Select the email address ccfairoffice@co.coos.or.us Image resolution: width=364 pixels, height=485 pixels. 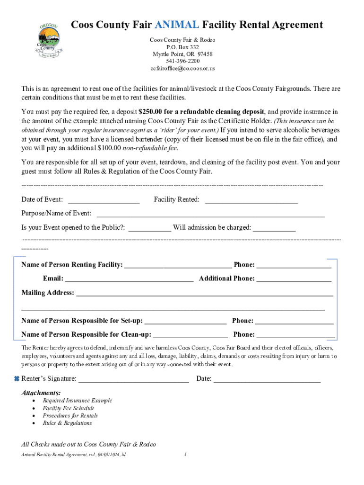point(182,68)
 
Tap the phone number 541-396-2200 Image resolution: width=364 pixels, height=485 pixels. point(182,61)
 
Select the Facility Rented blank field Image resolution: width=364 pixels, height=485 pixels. point(251,199)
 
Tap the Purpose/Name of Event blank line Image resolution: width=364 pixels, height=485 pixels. point(210,214)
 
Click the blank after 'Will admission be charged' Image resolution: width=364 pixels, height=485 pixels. point(274,227)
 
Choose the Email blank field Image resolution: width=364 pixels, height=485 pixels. point(129,278)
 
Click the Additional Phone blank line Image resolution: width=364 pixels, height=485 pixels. point(294,278)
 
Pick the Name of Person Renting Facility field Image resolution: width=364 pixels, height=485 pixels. point(178,265)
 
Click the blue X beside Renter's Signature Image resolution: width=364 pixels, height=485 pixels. point(16,378)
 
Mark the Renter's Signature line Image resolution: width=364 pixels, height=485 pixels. point(133,379)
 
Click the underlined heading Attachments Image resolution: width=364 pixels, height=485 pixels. point(41,393)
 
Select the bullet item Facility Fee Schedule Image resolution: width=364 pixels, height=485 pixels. point(69,408)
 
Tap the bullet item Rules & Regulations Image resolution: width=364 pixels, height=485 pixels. point(67,423)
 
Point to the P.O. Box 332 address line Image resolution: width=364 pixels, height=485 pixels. point(182,47)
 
